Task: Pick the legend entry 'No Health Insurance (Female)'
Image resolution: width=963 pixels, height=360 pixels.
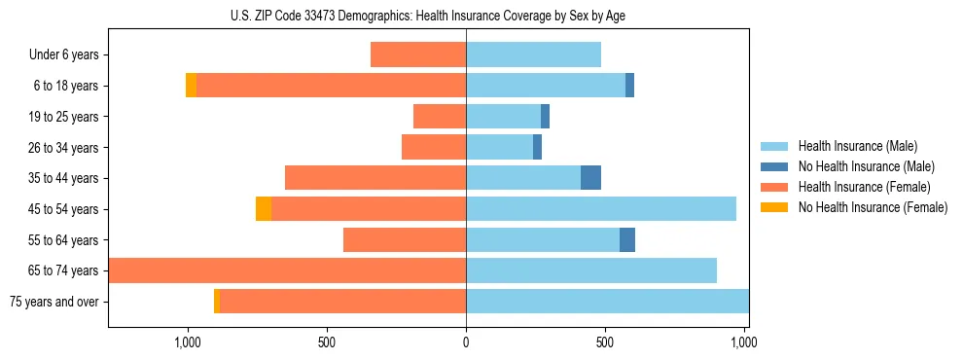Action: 873,207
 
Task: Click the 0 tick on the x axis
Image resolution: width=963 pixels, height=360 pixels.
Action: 466,342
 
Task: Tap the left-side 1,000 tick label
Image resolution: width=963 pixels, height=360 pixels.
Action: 187,342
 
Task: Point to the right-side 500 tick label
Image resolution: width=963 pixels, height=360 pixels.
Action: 605,342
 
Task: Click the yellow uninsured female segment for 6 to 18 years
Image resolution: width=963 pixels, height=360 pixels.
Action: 191,86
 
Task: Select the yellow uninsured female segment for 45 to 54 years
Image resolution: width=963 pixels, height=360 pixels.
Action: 264,209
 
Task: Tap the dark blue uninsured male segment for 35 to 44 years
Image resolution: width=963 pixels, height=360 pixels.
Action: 590,178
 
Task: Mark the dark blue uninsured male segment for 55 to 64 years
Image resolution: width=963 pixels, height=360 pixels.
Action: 627,240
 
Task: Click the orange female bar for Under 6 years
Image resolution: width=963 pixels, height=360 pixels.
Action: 418,55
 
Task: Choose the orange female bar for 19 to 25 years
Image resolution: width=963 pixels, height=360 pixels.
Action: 440,117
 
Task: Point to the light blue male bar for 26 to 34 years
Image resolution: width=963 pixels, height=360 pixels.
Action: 499,148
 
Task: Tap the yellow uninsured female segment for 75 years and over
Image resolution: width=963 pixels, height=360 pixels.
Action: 217,302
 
